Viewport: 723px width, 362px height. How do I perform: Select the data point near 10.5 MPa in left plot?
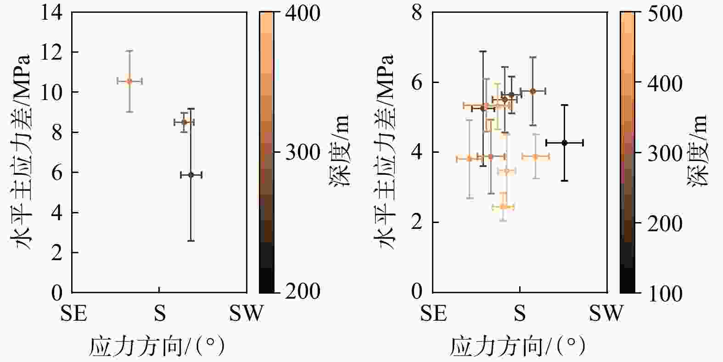[x=129, y=81]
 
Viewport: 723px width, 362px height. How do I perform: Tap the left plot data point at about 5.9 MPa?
[x=191, y=175]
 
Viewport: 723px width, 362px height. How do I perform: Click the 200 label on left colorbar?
[x=303, y=291]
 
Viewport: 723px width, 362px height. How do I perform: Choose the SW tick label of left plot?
[x=247, y=314]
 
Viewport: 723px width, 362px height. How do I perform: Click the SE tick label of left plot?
[x=73, y=314]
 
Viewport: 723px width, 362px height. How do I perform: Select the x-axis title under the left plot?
[x=157, y=346]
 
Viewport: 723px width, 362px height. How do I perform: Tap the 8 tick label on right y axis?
[x=417, y=12]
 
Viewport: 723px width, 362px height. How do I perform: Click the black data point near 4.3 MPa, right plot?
[x=565, y=143]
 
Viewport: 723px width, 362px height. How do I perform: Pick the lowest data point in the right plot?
[x=503, y=207]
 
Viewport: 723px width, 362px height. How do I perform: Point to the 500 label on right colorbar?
[x=664, y=14]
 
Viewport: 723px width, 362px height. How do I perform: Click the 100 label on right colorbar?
[x=664, y=294]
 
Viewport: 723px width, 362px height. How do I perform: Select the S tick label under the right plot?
[x=520, y=314]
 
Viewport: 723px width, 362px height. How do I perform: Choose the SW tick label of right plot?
[x=606, y=314]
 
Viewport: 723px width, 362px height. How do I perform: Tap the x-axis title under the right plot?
[x=517, y=346]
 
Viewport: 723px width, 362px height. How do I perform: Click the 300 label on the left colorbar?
[x=303, y=152]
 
